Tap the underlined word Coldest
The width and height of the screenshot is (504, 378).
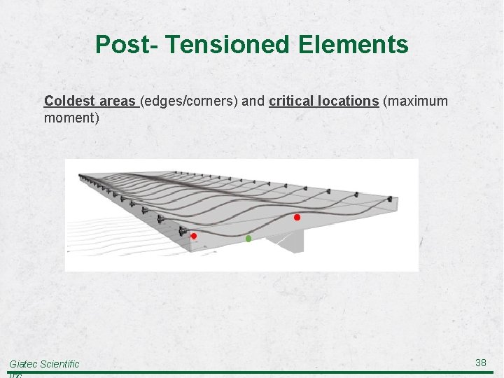[x=67, y=101]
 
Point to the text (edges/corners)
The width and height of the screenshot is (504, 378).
[x=189, y=101]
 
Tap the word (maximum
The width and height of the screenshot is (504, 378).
[x=415, y=101]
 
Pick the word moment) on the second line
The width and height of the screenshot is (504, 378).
[x=71, y=118]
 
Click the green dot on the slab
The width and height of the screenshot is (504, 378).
[x=248, y=239]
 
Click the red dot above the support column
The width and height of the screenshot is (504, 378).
[x=297, y=218]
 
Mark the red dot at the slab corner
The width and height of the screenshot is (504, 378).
[x=194, y=237]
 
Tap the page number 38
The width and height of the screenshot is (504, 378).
[x=481, y=363]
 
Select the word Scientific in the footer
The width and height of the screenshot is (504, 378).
[x=61, y=364]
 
